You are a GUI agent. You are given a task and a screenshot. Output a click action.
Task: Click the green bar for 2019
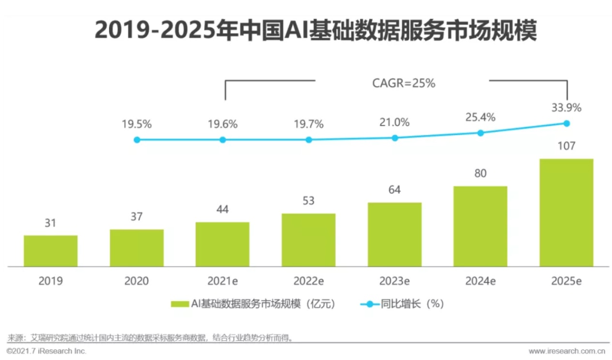(x=50, y=251)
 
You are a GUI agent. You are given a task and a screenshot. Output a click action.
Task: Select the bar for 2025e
(x=566, y=212)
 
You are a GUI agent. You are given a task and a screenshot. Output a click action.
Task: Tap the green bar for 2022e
(x=308, y=240)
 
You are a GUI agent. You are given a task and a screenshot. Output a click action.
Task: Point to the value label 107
(x=566, y=146)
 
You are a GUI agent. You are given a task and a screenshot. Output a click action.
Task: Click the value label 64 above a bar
(x=394, y=190)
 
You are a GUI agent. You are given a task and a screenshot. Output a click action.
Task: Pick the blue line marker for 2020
(x=137, y=140)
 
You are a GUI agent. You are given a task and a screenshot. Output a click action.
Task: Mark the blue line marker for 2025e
(x=566, y=123)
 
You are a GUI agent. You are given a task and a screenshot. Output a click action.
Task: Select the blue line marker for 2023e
(x=395, y=138)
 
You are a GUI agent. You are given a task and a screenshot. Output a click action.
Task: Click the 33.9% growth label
(x=566, y=107)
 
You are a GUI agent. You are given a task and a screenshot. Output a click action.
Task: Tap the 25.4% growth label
(x=480, y=117)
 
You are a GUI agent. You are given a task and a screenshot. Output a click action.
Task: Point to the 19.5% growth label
(x=136, y=124)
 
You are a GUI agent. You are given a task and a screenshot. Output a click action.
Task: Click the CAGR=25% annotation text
(x=403, y=83)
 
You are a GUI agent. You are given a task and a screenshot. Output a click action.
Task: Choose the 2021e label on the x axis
(x=223, y=281)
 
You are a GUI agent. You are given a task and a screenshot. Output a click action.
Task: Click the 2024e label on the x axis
(x=480, y=281)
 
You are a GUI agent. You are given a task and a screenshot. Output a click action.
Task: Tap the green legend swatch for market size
(x=179, y=304)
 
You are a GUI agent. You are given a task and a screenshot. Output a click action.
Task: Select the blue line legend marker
(x=370, y=304)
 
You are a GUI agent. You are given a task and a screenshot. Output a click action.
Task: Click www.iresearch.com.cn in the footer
(x=567, y=351)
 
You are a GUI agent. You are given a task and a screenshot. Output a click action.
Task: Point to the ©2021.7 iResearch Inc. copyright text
(x=46, y=350)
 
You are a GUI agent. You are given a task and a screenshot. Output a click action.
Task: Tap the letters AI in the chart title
(x=293, y=31)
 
